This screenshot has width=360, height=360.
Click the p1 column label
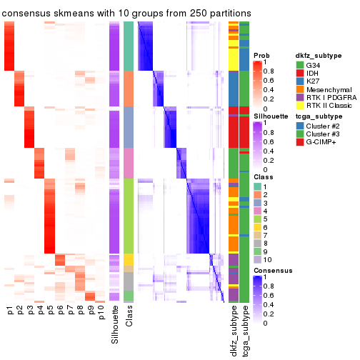click(x=10, y=311)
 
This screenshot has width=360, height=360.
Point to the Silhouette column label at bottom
click(x=114, y=325)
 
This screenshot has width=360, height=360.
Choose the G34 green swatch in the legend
click(x=300, y=65)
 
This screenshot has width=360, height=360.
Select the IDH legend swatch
click(x=300, y=74)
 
